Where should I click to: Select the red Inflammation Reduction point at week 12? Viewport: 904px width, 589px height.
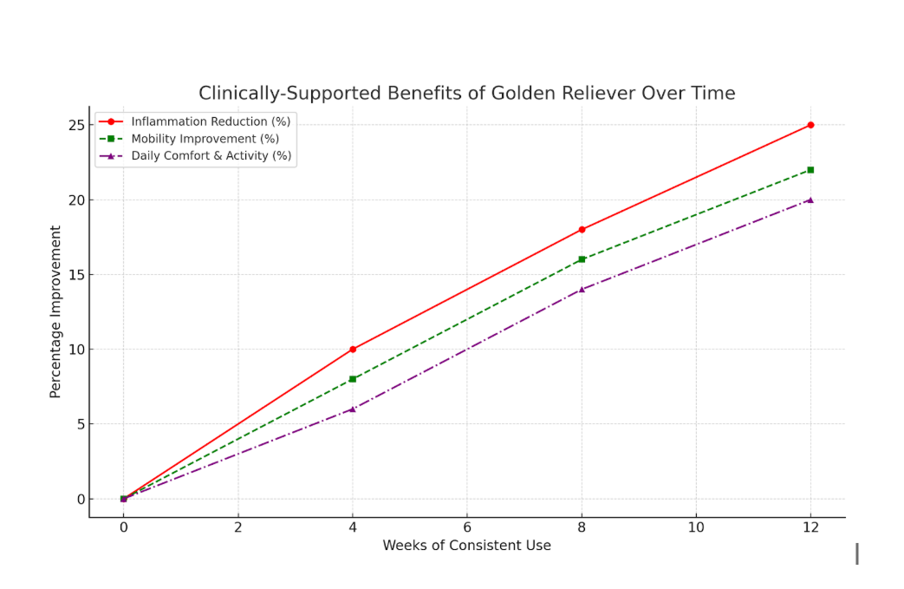tap(810, 125)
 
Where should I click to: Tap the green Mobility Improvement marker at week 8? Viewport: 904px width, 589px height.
tap(582, 259)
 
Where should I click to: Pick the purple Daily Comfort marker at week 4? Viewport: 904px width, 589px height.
tap(353, 409)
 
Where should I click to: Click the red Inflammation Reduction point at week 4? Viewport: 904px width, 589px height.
tap(353, 350)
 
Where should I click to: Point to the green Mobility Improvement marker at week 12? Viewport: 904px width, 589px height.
tap(810, 170)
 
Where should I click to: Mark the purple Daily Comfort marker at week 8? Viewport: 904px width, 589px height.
tap(582, 290)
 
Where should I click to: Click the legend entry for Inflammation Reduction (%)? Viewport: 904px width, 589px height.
tap(211, 121)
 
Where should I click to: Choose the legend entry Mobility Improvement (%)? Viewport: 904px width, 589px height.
tap(205, 139)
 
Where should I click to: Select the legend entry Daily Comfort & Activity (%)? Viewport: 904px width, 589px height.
tap(211, 156)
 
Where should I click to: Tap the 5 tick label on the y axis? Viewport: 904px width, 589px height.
tap(80, 424)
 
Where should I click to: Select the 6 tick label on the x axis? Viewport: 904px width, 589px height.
tap(467, 527)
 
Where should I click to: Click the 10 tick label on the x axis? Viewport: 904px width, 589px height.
tap(696, 527)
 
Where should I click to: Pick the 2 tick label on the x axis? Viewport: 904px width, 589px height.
tap(238, 527)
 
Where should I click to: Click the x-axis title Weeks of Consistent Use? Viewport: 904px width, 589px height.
tap(466, 546)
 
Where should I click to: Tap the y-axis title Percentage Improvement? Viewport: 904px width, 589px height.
tap(55, 312)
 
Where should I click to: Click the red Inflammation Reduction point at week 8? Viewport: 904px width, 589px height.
tap(582, 230)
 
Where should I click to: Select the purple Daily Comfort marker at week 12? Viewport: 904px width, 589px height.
tap(810, 200)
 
